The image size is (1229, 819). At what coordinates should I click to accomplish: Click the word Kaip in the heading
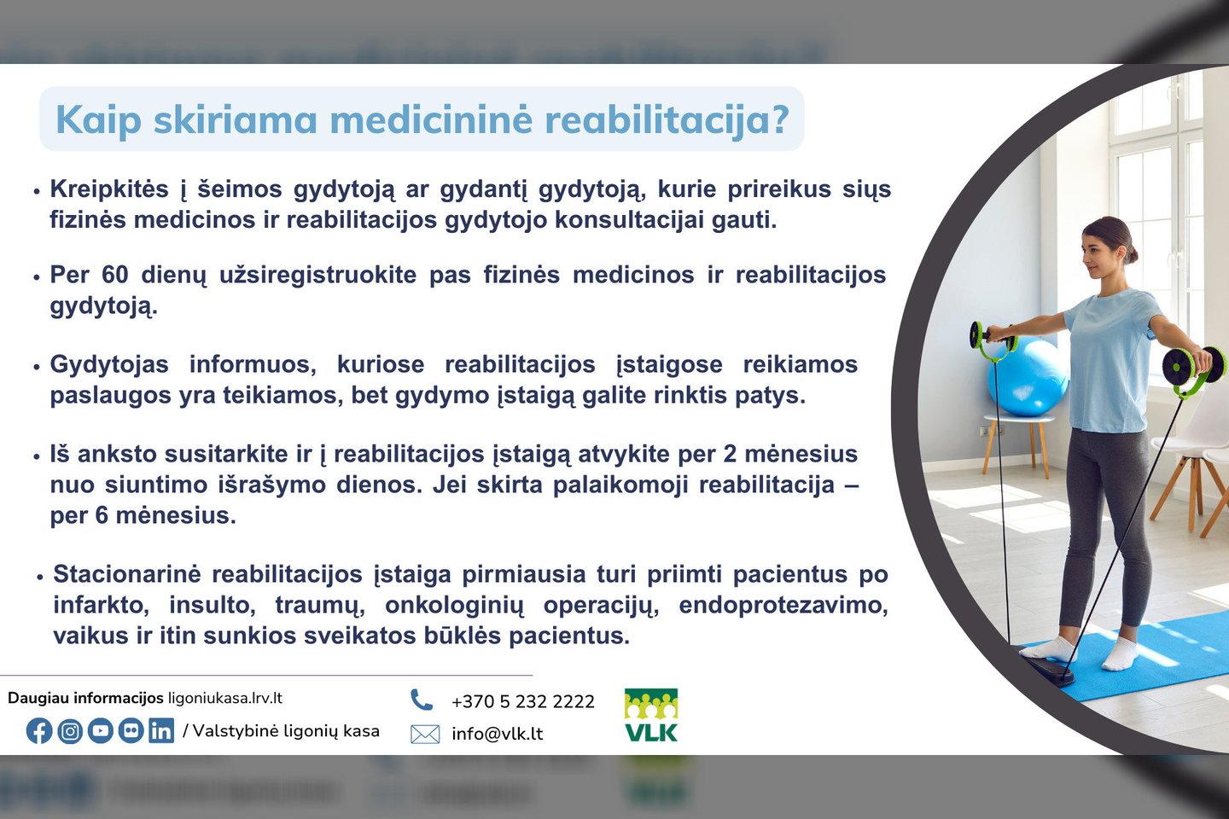99,120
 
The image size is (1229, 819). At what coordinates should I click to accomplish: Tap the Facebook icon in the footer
39,731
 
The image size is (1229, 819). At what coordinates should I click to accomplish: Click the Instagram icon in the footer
70,731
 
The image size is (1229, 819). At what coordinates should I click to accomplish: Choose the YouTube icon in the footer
101,731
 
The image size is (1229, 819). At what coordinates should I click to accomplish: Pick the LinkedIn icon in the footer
161,731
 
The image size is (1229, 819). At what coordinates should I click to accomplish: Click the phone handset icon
422,700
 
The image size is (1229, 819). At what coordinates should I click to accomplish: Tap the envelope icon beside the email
425,734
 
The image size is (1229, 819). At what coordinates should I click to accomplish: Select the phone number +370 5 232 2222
523,701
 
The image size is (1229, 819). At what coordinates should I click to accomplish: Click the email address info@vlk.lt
497,734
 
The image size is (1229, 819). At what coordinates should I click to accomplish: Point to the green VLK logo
651,715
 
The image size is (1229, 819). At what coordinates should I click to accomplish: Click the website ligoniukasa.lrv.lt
225,699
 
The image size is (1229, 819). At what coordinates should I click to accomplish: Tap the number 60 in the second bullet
114,275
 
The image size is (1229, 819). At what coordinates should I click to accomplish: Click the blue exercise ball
1027,378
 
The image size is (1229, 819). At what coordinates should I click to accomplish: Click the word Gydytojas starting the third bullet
109,365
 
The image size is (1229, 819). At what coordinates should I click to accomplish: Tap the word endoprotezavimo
783,606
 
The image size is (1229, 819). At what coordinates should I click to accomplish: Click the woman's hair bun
1133,253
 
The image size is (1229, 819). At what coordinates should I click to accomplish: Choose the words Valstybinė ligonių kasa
286,731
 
